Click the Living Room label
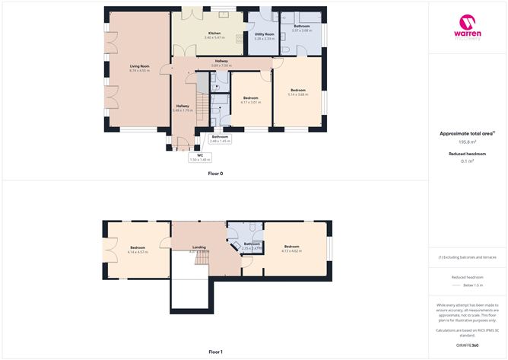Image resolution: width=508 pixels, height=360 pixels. tap(139, 66)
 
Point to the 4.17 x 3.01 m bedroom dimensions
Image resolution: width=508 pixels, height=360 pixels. tap(251, 102)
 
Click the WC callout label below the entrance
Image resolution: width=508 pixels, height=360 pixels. tap(201, 155)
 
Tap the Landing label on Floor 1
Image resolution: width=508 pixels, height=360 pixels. tap(199, 247)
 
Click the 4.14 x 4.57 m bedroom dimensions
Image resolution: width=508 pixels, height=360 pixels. tap(138, 252)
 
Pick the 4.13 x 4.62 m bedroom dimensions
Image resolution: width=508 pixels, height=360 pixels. tap(293, 250)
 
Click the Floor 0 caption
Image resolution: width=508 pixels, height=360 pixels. tap(215, 174)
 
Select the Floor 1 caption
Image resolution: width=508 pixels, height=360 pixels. tap(215, 352)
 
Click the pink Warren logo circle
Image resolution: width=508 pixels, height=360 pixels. tap(468, 21)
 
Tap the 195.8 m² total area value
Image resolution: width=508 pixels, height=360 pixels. tap(467, 142)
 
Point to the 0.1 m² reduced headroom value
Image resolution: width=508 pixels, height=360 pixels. tap(467, 161)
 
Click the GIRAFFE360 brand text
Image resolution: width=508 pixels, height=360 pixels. tap(467, 345)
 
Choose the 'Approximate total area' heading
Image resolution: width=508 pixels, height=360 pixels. tap(466, 132)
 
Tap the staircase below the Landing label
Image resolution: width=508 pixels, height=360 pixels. tap(202, 260)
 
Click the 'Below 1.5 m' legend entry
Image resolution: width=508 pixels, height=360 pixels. tap(473, 285)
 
